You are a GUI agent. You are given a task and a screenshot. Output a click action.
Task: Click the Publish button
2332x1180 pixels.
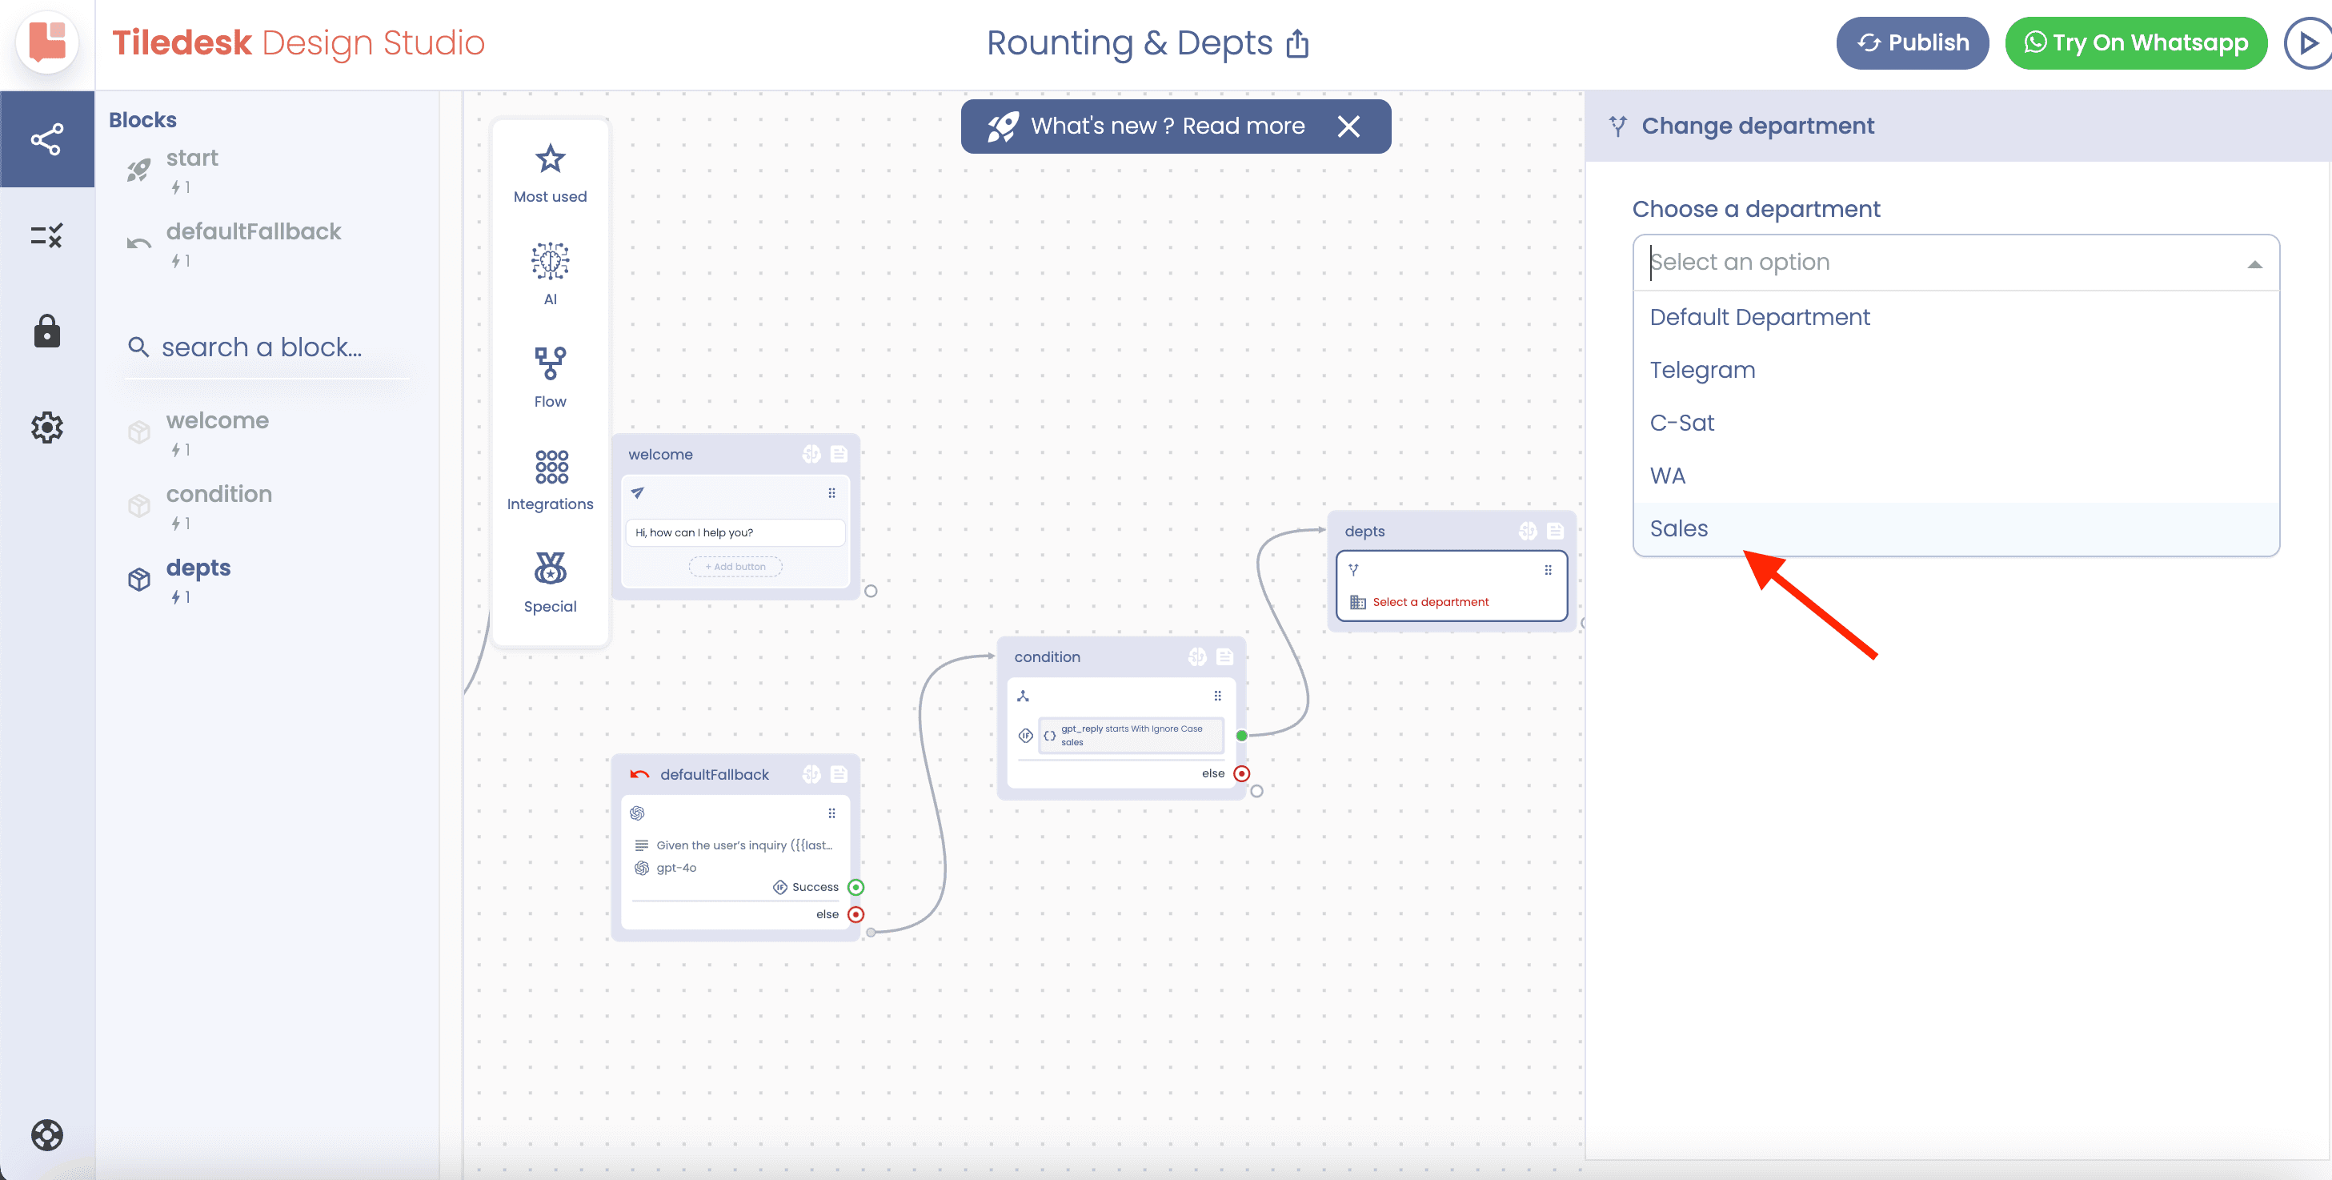(1912, 42)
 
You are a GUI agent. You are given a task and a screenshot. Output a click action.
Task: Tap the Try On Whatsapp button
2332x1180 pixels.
(2136, 42)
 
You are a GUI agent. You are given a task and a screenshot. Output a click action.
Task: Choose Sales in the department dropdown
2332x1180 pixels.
(1678, 528)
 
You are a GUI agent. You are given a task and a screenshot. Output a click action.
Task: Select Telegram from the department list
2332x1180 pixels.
(1702, 370)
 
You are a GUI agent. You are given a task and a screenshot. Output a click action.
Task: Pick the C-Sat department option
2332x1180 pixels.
(1682, 422)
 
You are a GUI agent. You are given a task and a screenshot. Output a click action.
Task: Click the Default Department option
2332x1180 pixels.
(1759, 317)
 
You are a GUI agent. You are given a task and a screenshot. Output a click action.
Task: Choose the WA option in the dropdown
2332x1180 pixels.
(1668, 476)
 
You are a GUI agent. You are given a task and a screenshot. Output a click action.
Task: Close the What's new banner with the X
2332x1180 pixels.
(1348, 126)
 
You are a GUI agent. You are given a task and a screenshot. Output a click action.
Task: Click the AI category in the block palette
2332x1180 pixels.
(550, 273)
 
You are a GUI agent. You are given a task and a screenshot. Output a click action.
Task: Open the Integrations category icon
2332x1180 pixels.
(551, 467)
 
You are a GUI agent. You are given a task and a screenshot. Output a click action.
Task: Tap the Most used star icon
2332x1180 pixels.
(551, 159)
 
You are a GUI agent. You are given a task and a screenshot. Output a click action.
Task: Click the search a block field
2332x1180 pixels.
(262, 347)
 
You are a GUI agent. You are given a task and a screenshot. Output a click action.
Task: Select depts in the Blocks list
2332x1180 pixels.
(198, 568)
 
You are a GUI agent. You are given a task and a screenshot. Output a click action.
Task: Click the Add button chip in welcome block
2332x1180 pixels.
(735, 567)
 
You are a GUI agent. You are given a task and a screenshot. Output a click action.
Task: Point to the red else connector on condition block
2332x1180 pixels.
(1241, 773)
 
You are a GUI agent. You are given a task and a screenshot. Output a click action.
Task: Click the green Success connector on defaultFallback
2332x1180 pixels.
(855, 886)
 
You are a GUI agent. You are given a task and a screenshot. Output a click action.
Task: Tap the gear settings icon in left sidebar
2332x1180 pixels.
(47, 427)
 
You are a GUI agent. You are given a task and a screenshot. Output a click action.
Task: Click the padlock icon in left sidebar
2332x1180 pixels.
(47, 331)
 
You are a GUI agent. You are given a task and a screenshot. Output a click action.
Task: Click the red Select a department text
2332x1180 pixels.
(1430, 601)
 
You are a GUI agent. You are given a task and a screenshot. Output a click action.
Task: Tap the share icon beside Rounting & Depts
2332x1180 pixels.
(1297, 42)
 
